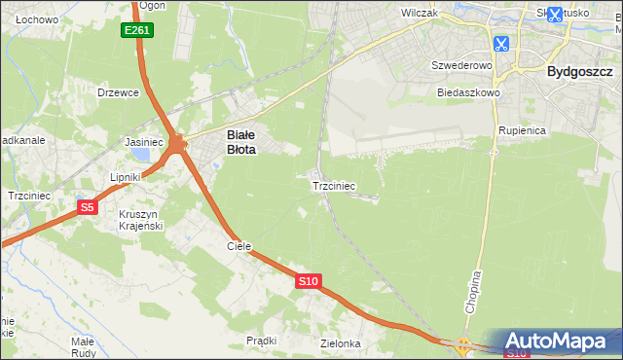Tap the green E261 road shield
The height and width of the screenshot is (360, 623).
(137, 30)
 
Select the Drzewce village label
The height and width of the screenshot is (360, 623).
(119, 92)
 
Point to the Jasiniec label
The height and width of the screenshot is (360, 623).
(144, 141)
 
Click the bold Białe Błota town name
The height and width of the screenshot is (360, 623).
(241, 143)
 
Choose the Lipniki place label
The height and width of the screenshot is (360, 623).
(126, 177)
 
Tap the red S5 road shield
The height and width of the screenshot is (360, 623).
(88, 206)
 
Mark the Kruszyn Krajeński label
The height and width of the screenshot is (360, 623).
(140, 219)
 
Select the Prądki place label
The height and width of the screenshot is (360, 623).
(262, 341)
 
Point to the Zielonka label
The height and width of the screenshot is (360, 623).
(341, 343)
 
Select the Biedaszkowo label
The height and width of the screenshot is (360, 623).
(468, 92)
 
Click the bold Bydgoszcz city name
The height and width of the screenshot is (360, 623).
(579, 71)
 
